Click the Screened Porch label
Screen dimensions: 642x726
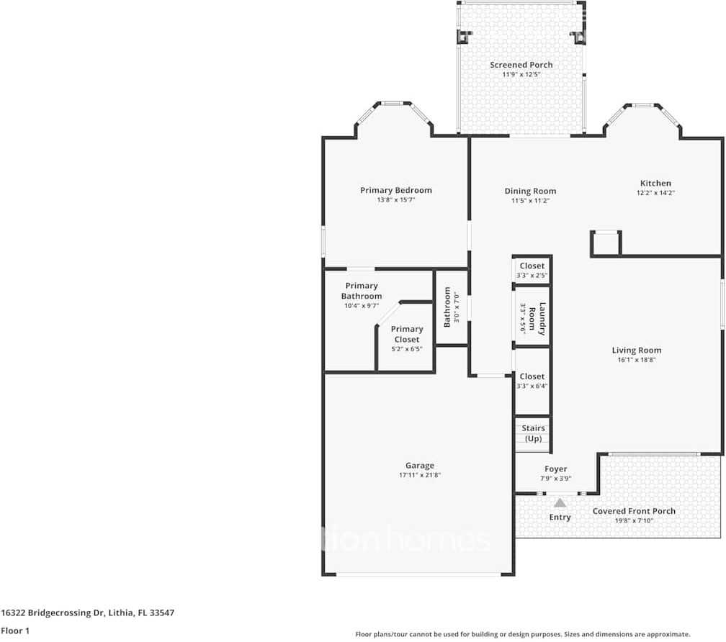point(521,65)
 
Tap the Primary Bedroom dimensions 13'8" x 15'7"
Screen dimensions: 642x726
point(396,200)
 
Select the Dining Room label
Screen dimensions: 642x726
point(530,191)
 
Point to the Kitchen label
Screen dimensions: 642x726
point(655,183)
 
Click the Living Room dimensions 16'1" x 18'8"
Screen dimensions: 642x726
point(637,360)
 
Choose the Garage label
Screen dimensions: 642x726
point(419,465)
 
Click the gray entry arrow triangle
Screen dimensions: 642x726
point(560,502)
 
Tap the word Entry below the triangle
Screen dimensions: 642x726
point(560,517)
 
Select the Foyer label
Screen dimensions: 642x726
point(555,469)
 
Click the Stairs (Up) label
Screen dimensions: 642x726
point(533,433)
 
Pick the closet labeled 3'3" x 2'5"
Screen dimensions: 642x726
point(532,271)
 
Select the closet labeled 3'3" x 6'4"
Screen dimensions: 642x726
point(532,381)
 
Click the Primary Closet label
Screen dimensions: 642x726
point(407,334)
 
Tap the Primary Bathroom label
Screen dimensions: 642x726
point(362,291)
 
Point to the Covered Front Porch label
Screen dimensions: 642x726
point(634,511)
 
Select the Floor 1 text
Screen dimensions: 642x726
point(15,630)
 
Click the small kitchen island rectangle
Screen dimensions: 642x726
point(605,244)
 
